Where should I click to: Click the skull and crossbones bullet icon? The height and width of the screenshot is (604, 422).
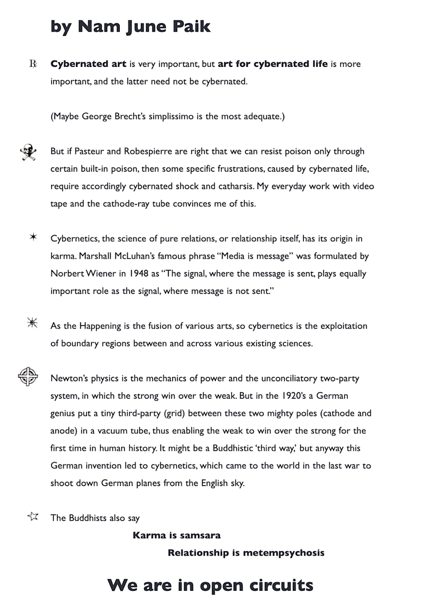[x=28, y=152]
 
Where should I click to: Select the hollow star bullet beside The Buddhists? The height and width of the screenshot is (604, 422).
[x=33, y=516]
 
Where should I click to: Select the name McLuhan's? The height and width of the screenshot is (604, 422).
[x=136, y=256]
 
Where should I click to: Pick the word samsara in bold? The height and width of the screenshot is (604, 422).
[x=200, y=536]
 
